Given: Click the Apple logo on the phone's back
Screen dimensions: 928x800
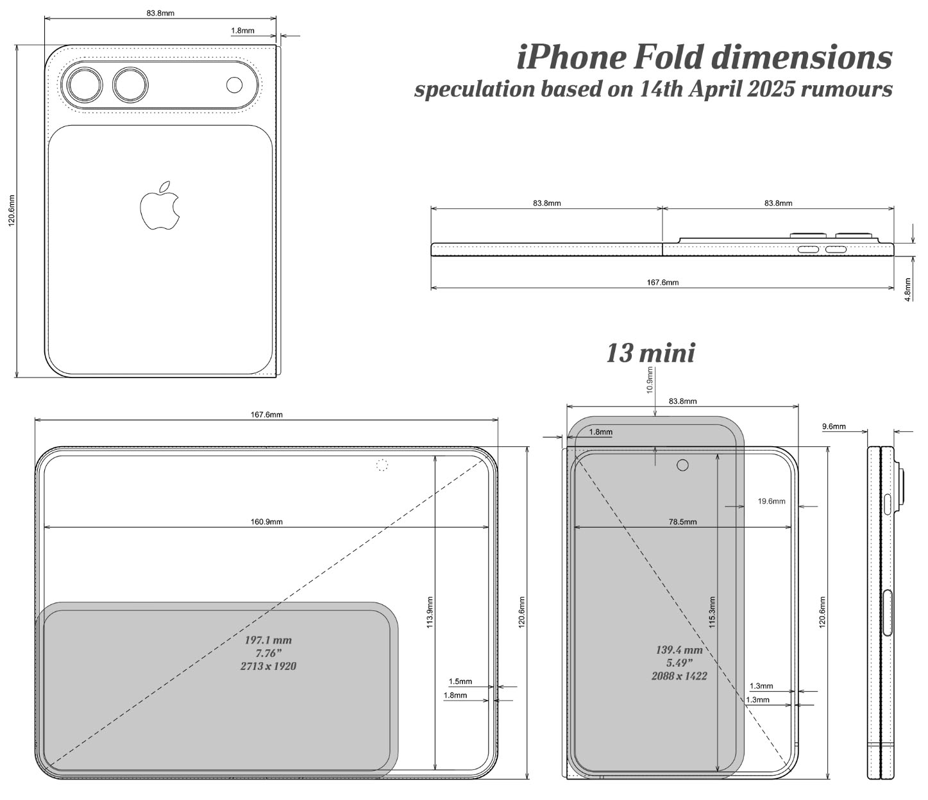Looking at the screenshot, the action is point(160,206).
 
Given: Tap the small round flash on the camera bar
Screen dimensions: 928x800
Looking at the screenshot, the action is point(234,85).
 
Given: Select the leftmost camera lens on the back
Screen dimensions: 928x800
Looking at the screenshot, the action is point(85,85).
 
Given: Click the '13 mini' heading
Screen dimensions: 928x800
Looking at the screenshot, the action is point(650,353).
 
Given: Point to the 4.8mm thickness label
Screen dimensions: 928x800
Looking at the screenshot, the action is point(907,289).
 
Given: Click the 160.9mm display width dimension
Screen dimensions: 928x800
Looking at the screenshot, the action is point(267,522).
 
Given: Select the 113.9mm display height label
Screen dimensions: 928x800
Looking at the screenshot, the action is point(430,612).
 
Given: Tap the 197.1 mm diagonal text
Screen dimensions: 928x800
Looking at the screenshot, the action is point(268,640).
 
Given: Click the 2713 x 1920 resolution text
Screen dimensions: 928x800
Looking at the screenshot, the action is point(269,666).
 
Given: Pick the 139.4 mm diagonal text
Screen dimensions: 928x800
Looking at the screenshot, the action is point(679,650).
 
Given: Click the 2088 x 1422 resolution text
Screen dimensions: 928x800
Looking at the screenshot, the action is point(679,676).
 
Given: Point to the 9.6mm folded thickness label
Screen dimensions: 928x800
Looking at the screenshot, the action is point(834,426).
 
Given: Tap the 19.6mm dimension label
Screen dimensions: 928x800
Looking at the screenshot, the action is point(772,501).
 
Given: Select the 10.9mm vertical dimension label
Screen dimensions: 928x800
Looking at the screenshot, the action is point(650,379).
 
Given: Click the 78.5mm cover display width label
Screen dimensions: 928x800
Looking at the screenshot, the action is point(682,522).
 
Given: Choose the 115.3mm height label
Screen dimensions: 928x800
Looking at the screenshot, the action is point(712,612).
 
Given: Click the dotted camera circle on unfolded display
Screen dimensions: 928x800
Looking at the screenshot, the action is point(382,465).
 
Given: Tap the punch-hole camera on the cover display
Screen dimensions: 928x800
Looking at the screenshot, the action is point(682,465).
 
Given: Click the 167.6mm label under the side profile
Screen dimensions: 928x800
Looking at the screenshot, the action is point(662,282).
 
